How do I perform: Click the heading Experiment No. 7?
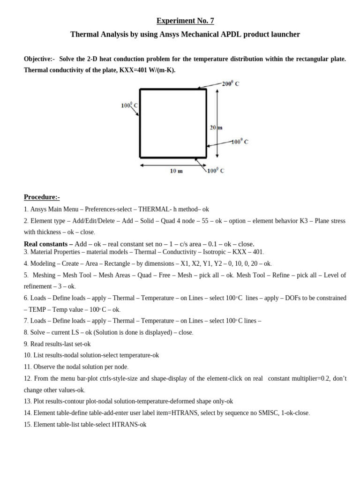[185, 21]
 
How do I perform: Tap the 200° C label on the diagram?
[230, 83]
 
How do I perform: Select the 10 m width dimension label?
[176, 171]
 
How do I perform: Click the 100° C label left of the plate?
[129, 105]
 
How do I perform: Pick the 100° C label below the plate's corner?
[216, 171]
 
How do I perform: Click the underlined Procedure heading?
[42, 197]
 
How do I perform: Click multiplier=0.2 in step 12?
[307, 378]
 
